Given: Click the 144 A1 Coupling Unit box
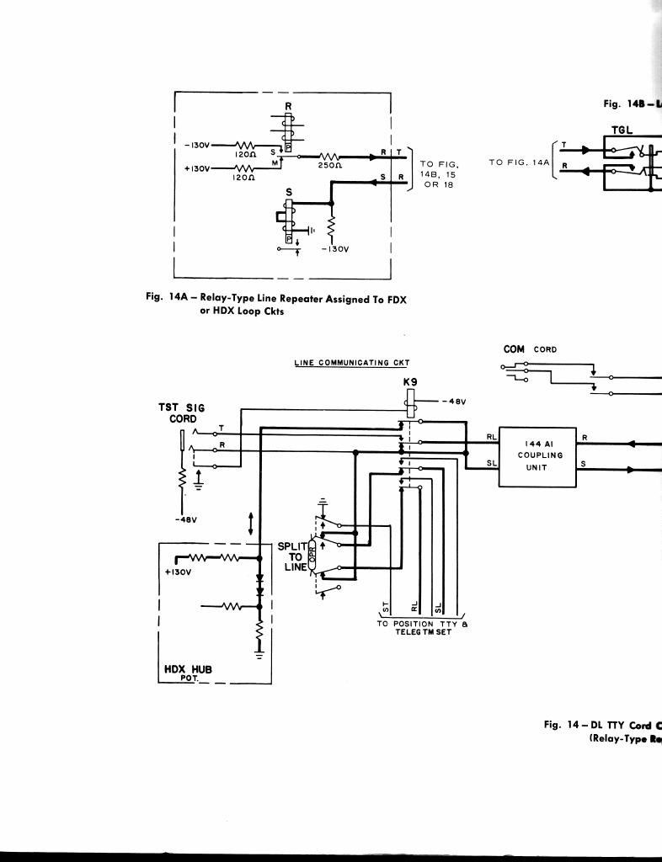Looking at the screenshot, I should (537, 455).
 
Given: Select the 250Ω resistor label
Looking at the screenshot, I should (328, 166).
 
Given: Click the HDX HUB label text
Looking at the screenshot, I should (187, 670).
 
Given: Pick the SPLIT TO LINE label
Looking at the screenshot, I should (292, 556).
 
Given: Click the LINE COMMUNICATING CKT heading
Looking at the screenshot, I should (351, 364).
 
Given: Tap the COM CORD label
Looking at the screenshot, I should (530, 349).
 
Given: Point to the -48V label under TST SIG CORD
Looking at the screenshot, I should (185, 519).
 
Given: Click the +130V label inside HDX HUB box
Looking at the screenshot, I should (178, 572).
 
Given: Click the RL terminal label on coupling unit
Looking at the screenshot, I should (492, 437).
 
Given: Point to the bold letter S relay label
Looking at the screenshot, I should (289, 193).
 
